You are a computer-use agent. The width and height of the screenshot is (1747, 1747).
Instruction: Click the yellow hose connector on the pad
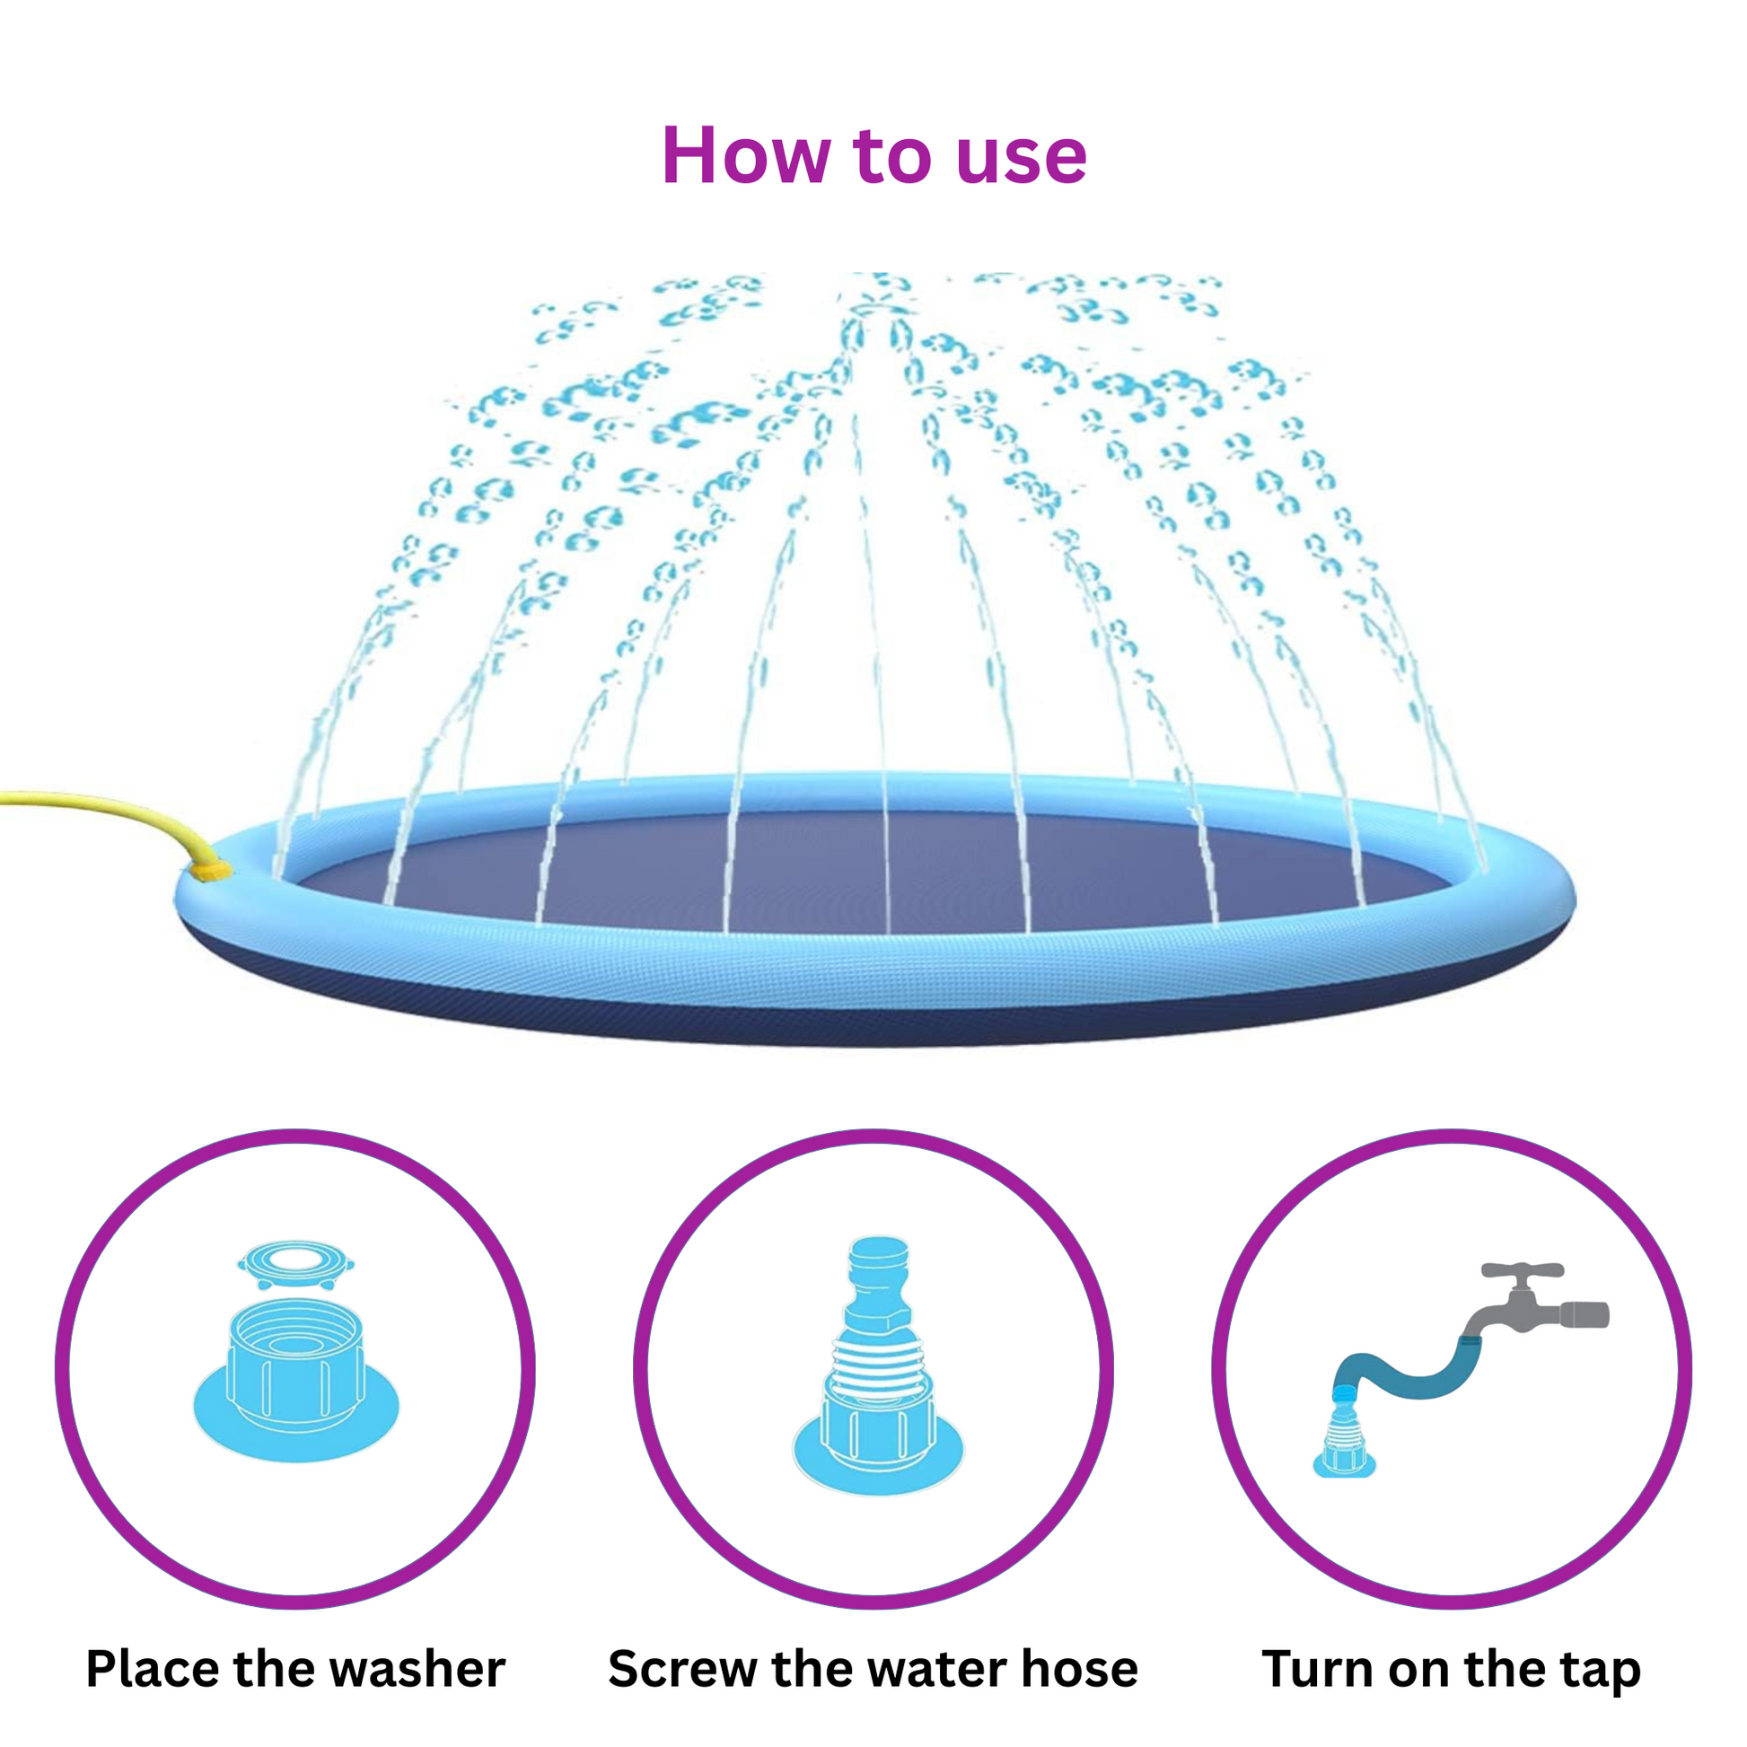click(214, 870)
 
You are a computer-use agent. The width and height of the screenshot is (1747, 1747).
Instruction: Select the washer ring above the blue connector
click(295, 1265)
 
